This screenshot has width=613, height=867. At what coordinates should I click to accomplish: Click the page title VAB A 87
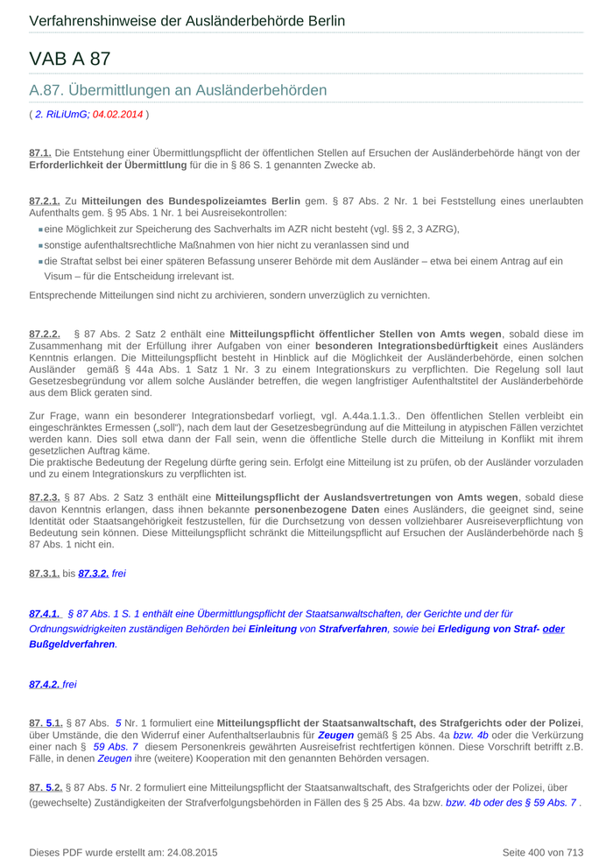click(x=70, y=60)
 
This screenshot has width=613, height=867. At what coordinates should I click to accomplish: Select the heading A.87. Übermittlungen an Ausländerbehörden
click(x=178, y=90)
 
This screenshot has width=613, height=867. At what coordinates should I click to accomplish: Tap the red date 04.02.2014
click(x=117, y=114)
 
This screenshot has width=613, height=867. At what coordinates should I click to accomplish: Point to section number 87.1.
click(x=40, y=152)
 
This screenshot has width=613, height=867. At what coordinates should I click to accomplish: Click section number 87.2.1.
click(x=44, y=201)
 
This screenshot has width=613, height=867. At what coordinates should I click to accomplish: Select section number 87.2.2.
click(x=45, y=334)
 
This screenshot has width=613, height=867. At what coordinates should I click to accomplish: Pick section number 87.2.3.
click(x=44, y=497)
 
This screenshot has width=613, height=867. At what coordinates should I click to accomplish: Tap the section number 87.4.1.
click(x=45, y=614)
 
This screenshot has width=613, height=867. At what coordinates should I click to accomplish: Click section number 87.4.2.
click(x=44, y=684)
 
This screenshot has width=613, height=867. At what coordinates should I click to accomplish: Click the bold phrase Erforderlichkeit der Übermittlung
click(x=108, y=165)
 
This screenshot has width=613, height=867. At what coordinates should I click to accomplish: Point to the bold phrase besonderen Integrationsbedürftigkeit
click(x=406, y=345)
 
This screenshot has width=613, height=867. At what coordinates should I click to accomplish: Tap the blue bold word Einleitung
click(x=272, y=629)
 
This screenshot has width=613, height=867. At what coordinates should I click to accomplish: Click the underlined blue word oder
click(x=553, y=629)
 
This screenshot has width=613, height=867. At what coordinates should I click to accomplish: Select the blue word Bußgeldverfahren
click(x=72, y=644)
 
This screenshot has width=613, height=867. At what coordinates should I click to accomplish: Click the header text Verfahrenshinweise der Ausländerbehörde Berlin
click(x=187, y=21)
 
